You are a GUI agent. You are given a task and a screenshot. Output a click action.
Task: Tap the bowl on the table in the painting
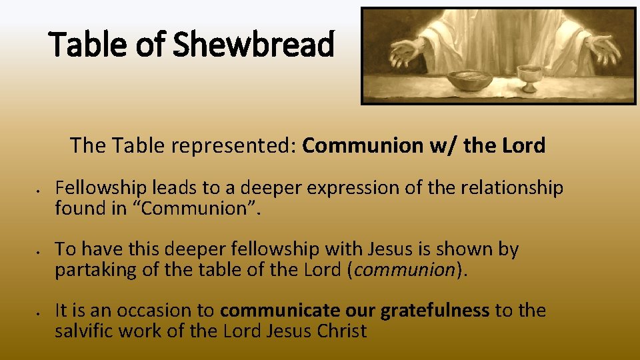click(x=469, y=79)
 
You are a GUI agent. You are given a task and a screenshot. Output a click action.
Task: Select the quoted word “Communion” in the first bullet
click(x=207, y=208)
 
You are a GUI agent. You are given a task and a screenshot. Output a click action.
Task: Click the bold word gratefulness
click(x=435, y=311)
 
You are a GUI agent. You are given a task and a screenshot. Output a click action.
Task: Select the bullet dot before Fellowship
click(x=40, y=190)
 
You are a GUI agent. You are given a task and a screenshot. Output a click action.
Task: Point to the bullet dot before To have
click(x=40, y=251)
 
